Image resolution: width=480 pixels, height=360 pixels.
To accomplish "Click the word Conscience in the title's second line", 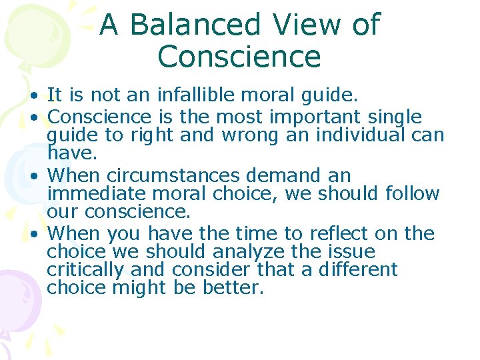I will coord(239,57).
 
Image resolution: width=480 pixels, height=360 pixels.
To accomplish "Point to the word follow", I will coord(413,194).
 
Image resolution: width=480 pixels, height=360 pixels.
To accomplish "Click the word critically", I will coord(87,270).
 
